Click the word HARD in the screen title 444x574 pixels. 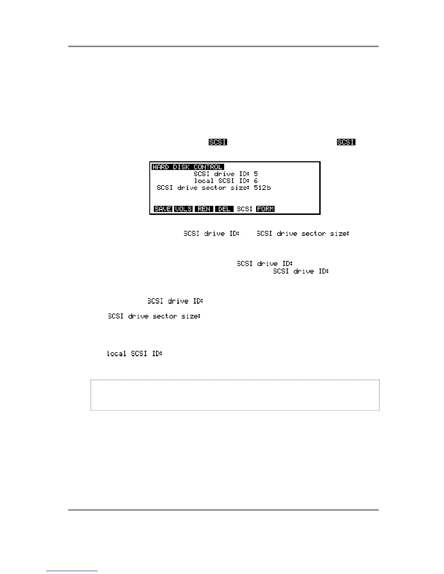pyautogui.click(x=160, y=167)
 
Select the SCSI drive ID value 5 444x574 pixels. pyautogui.click(x=256, y=174)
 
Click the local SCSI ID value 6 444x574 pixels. pyautogui.click(x=256, y=181)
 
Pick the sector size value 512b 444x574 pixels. pyautogui.click(x=262, y=188)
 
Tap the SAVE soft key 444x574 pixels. pyautogui.click(x=163, y=209)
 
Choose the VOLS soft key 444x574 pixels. pyautogui.click(x=184, y=209)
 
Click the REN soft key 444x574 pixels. pyautogui.click(x=204, y=209)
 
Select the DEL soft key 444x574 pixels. pyautogui.click(x=224, y=209)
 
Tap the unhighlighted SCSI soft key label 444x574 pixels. pyautogui.click(x=244, y=209)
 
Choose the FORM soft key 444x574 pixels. pyautogui.click(x=265, y=209)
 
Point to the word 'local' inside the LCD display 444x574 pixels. pyautogui.click(x=204, y=181)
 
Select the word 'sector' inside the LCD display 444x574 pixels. pyautogui.click(x=214, y=188)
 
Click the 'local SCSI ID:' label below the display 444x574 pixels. pyautogui.click(x=135, y=354)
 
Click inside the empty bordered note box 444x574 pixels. pyautogui.click(x=235, y=395)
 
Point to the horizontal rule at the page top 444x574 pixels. pyautogui.click(x=223, y=46)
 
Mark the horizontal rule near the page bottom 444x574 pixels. pyautogui.click(x=223, y=510)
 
